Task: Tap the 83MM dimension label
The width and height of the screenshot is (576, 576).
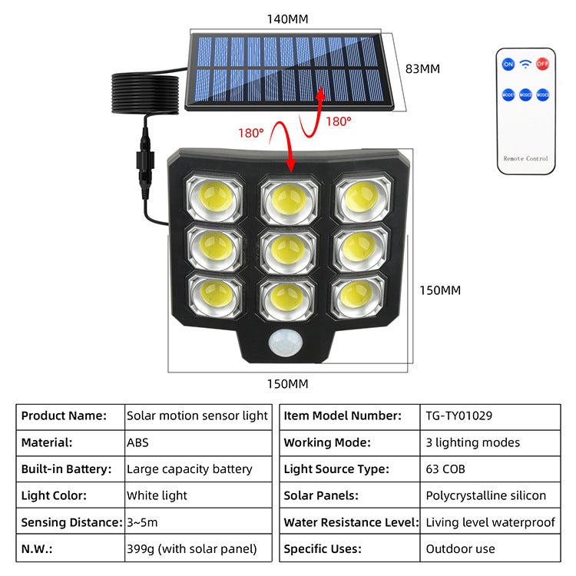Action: coord(422,68)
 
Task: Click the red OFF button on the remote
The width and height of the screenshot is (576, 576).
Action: coord(542,65)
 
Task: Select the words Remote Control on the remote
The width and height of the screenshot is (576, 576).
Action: coord(525,159)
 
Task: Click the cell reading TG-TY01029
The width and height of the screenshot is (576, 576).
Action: coord(458,415)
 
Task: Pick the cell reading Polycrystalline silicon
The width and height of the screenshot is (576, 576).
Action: coord(486,495)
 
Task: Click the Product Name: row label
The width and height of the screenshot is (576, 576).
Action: coord(64,415)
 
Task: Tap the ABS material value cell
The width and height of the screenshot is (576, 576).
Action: coord(138,442)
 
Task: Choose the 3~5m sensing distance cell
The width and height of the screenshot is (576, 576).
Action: coord(144,522)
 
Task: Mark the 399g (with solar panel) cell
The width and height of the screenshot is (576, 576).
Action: coord(192,549)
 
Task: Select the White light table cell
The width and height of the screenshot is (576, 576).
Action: coord(157,495)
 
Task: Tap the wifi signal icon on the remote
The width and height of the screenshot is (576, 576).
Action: coord(525,64)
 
